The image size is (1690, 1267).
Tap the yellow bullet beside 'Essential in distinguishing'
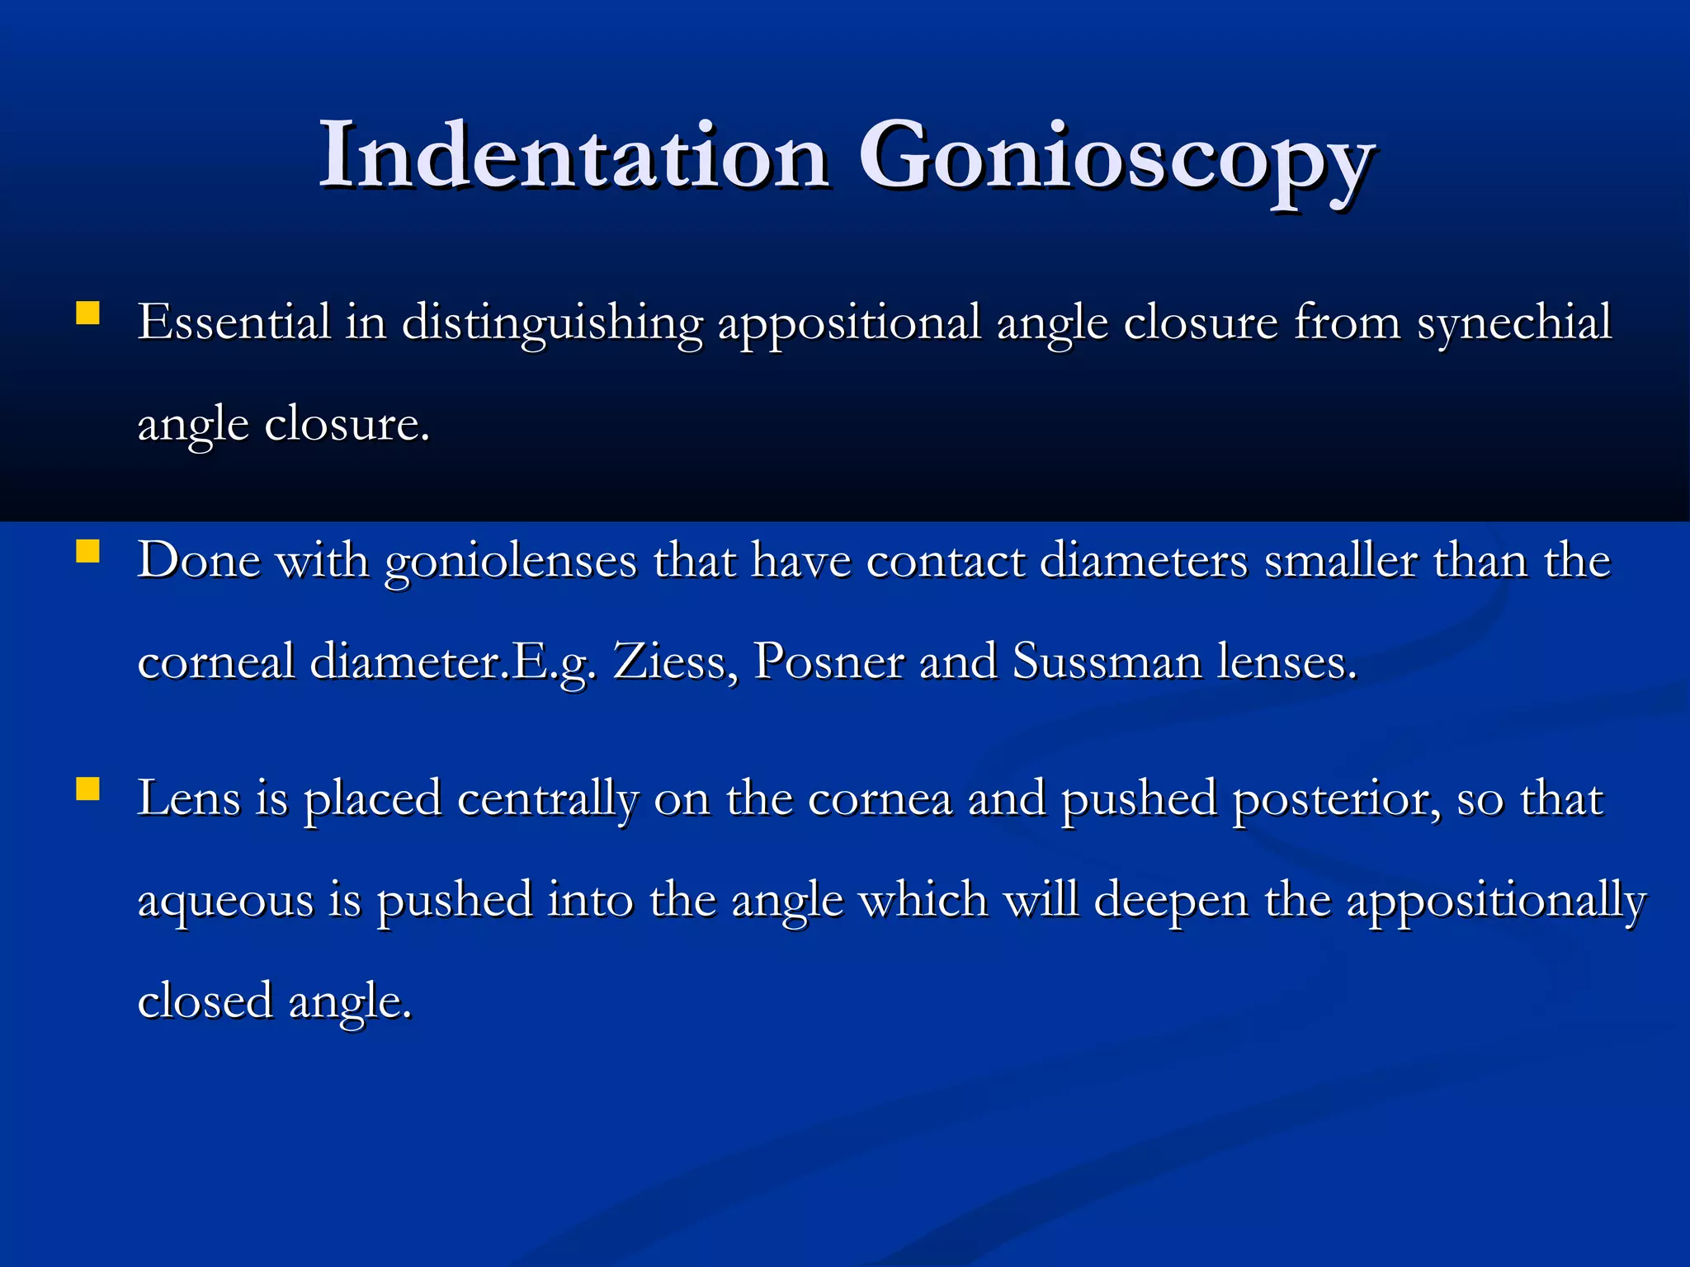tap(87, 313)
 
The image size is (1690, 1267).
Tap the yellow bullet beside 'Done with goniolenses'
tap(87, 551)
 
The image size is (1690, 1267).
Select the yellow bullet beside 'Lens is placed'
tap(87, 789)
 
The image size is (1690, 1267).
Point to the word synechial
tap(1513, 323)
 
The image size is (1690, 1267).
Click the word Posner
tap(828, 662)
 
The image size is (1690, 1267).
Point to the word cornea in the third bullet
tap(880, 800)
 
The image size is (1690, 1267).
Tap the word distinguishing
tap(551, 323)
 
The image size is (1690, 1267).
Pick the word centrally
tap(547, 800)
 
